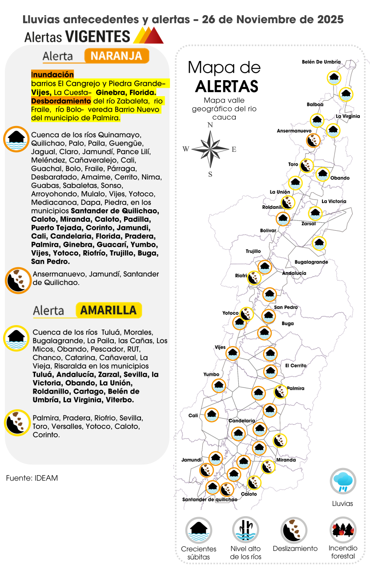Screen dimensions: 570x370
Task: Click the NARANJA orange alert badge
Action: [x=117, y=56]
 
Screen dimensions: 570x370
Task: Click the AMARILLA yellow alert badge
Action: [x=109, y=310]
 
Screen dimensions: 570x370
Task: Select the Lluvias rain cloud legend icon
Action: [x=342, y=481]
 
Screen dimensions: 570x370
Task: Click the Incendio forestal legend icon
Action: [x=342, y=530]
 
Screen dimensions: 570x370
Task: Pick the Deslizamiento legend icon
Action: [x=294, y=530]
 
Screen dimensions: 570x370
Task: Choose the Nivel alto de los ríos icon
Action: [x=245, y=530]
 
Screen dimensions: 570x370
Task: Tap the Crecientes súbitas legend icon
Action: [x=199, y=530]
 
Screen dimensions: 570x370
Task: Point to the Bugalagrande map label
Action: [x=311, y=262]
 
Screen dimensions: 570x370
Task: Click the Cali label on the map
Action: [x=193, y=415]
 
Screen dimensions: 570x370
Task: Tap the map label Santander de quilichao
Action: [x=209, y=499]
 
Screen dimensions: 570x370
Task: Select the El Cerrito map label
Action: [x=296, y=366]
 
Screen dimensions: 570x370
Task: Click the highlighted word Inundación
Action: [x=53, y=74]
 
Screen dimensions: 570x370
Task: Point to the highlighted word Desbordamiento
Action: [x=61, y=101]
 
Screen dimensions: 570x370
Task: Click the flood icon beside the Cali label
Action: [x=212, y=415]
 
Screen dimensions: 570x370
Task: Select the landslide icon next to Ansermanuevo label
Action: [x=313, y=141]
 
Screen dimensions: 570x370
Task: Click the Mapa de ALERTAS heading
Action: [x=224, y=76]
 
